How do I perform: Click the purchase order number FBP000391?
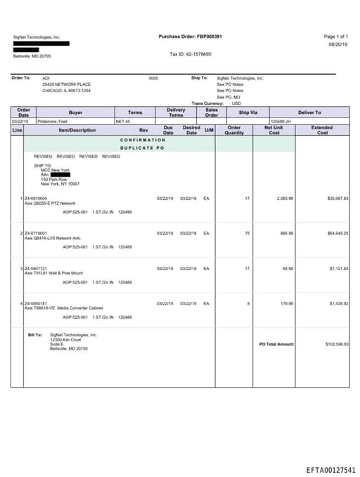coord(210,36)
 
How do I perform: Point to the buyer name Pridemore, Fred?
coord(53,122)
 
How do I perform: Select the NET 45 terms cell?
coord(124,122)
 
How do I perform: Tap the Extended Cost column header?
coord(322,130)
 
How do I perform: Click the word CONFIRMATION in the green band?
coord(143,140)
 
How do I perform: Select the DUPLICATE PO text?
coord(142,148)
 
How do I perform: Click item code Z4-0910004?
coord(36,198)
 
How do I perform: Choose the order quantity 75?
coord(247,233)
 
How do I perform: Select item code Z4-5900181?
coord(36,303)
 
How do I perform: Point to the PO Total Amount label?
coord(276,344)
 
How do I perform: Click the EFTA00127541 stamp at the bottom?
coord(330,470)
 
